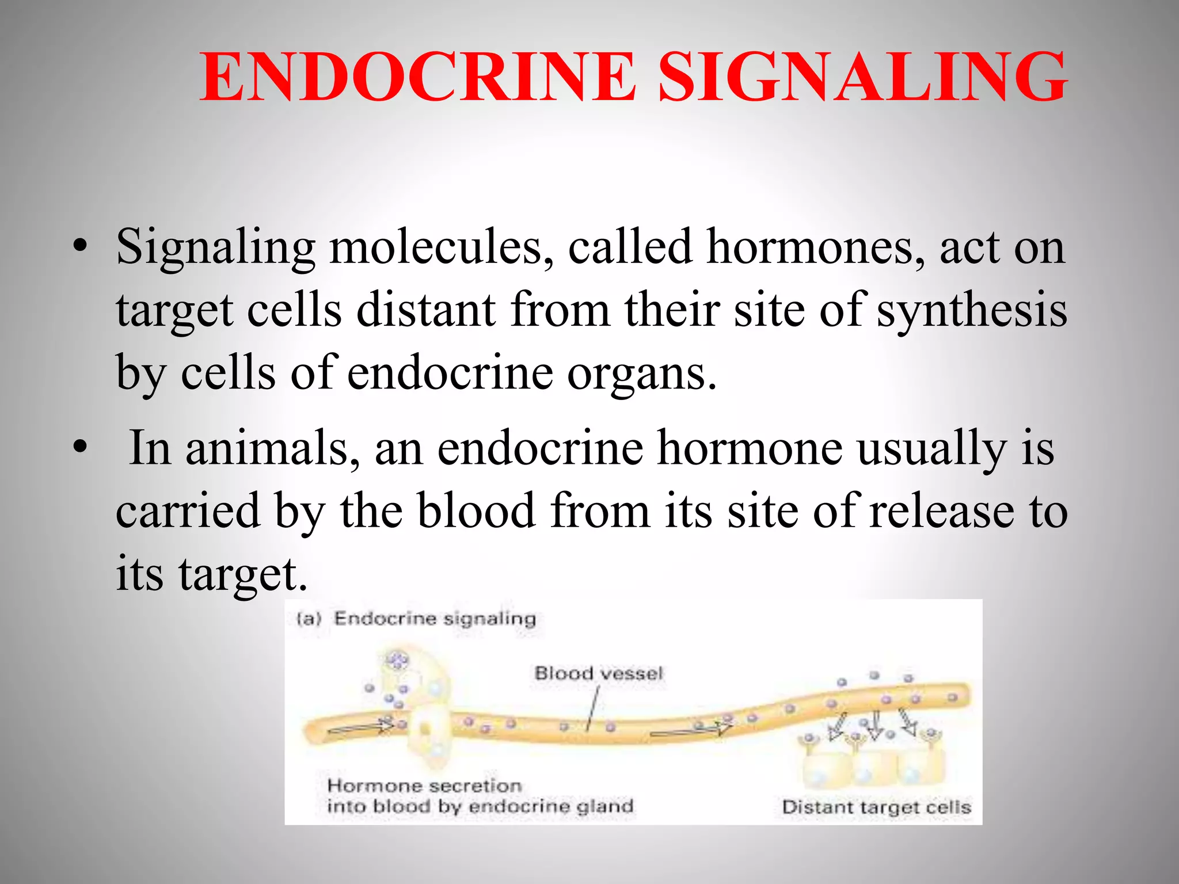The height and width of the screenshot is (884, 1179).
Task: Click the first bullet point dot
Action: [80, 247]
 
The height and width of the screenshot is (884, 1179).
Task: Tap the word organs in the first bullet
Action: [642, 373]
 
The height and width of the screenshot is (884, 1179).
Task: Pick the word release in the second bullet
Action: [942, 511]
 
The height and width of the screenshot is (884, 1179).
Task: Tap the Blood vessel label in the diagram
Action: [599, 673]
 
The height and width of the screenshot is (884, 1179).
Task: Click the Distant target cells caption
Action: [876, 807]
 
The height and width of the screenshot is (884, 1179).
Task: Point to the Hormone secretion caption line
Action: [424, 786]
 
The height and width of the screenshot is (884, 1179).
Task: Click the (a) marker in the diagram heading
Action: [309, 619]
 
